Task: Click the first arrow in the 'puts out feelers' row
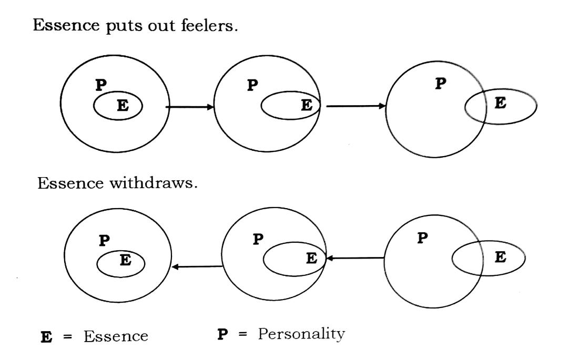click(x=190, y=107)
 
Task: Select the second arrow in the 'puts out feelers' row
click(x=356, y=107)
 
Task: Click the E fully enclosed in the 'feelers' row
click(x=121, y=106)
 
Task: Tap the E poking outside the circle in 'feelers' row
click(x=500, y=104)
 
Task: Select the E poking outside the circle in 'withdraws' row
click(x=500, y=258)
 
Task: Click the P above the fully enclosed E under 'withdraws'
click(x=104, y=241)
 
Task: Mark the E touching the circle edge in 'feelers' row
click(x=306, y=105)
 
